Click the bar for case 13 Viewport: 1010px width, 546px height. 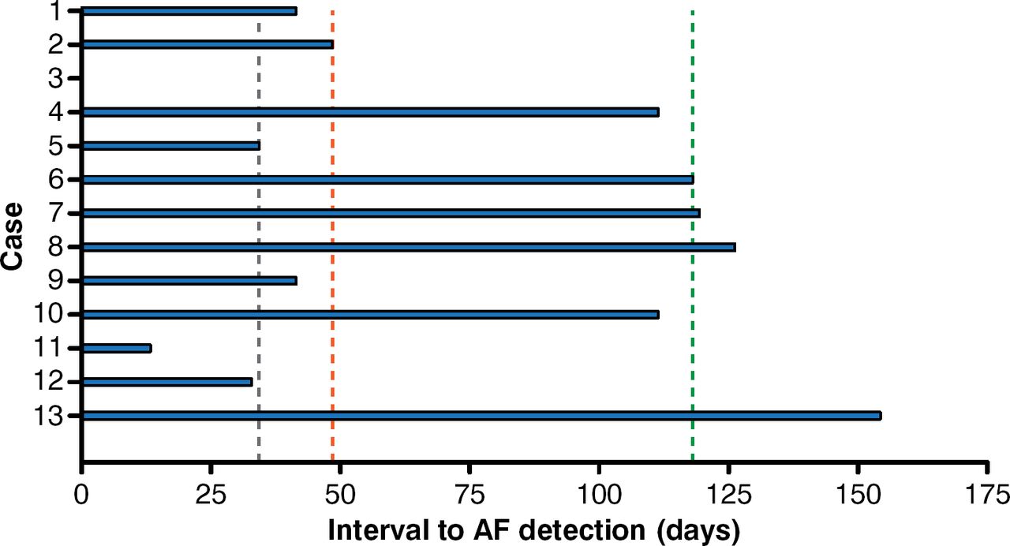481,416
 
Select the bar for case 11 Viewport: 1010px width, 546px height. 117,348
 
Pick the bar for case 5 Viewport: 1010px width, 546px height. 170,145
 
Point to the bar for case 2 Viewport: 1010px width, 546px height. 208,44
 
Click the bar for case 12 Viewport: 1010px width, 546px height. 166,382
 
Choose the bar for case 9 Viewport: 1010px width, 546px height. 189,280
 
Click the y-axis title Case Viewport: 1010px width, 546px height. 13,237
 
